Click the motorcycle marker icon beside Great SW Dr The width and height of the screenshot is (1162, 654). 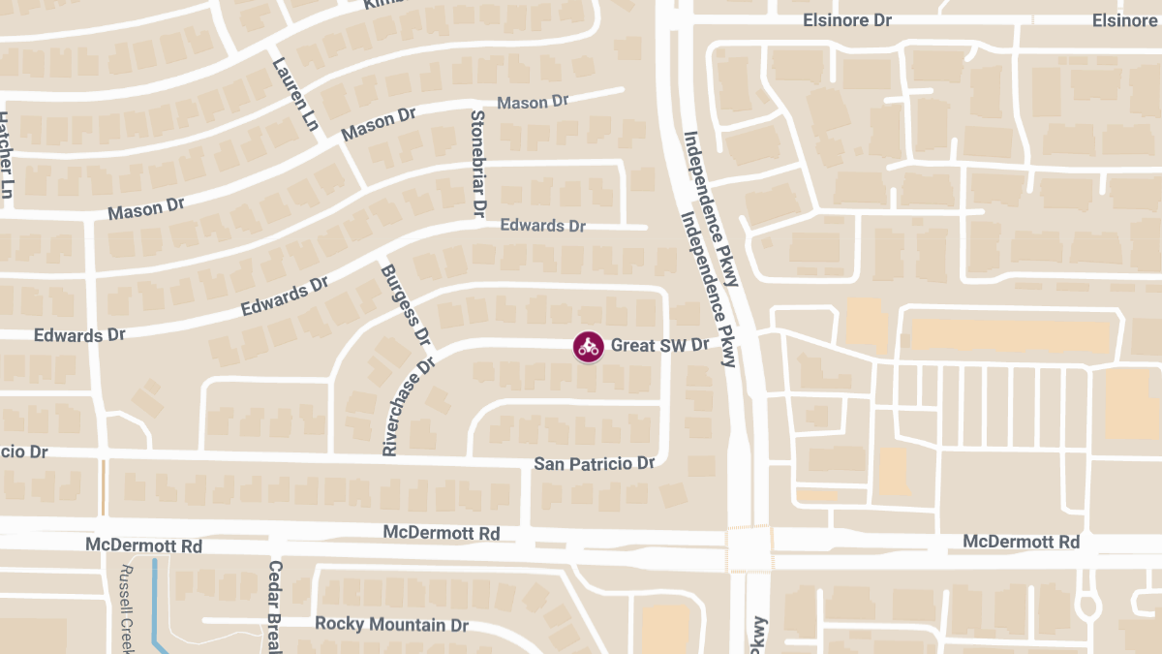587,347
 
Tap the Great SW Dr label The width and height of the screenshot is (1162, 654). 659,346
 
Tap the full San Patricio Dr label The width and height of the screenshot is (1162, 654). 595,464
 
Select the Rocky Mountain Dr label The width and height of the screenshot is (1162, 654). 391,624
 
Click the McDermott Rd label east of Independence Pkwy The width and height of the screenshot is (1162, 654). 1021,542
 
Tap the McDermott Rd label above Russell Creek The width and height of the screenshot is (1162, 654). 143,545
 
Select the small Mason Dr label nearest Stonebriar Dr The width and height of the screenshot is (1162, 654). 532,102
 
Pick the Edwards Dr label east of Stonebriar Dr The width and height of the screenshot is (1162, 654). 542,226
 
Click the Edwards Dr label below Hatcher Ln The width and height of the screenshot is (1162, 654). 79,335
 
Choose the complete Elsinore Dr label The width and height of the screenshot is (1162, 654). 847,19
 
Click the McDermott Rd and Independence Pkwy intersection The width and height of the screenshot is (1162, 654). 748,548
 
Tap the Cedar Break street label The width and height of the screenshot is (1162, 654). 275,607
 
